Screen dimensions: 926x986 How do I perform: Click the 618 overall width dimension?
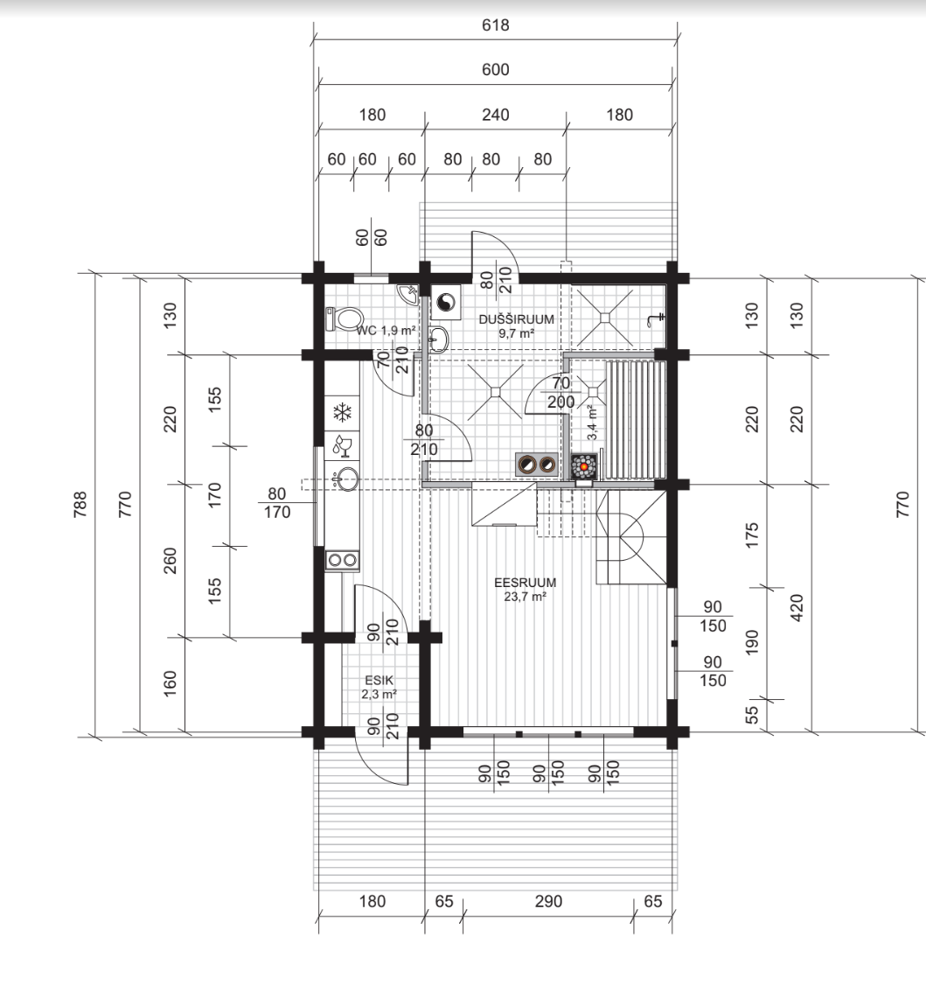point(496,25)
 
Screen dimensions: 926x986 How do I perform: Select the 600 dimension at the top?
point(496,70)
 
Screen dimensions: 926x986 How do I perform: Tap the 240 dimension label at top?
point(496,115)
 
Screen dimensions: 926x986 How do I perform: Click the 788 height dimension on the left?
point(80,504)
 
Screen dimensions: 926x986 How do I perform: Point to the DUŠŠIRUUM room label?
point(517,318)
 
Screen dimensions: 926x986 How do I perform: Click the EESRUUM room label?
point(525,583)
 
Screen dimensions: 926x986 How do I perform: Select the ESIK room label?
point(379,680)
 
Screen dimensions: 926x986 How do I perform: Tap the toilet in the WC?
point(344,319)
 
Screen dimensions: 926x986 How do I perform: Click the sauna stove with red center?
point(584,467)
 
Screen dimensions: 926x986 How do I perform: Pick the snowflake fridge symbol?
point(342,413)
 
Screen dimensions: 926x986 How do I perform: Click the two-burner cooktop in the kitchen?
point(342,560)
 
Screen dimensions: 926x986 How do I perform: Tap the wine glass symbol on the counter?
point(342,445)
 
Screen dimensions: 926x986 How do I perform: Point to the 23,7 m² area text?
point(525,596)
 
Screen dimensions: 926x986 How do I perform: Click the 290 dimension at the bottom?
point(548,902)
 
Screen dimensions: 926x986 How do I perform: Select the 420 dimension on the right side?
point(797,608)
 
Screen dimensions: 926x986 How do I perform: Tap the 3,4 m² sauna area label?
point(592,423)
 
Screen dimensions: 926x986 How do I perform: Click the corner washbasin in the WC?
point(408,294)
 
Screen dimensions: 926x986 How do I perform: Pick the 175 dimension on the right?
point(752,535)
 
